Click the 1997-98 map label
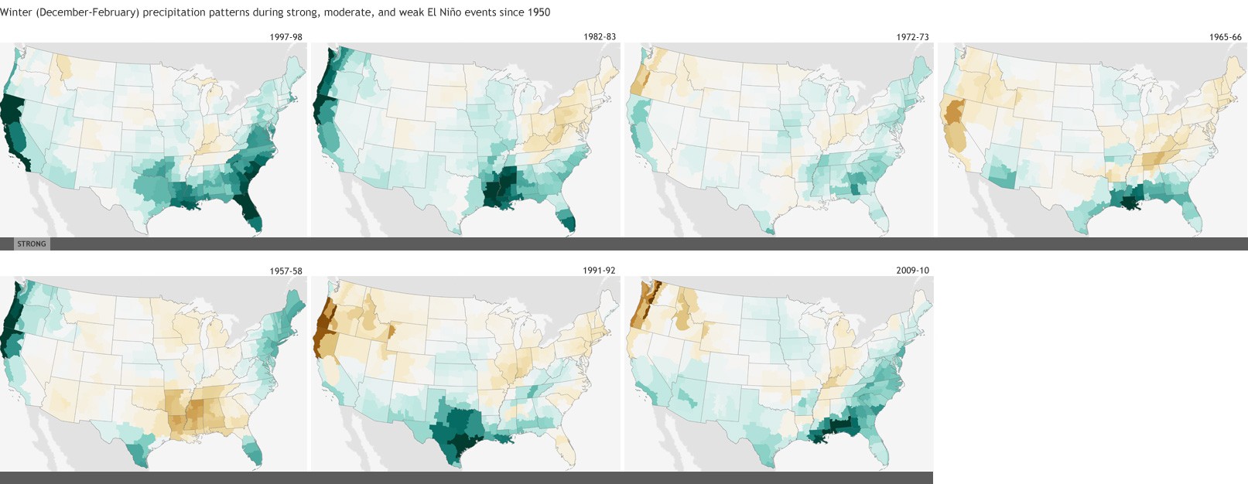click(x=286, y=37)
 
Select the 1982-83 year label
click(x=600, y=37)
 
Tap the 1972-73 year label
click(x=912, y=37)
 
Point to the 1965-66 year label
click(x=1226, y=37)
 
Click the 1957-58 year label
click(x=286, y=271)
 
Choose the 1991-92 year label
click(x=599, y=271)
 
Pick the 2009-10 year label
click(x=912, y=271)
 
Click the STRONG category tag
click(x=32, y=244)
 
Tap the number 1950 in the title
click(x=539, y=12)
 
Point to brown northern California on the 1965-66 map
click(x=951, y=116)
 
